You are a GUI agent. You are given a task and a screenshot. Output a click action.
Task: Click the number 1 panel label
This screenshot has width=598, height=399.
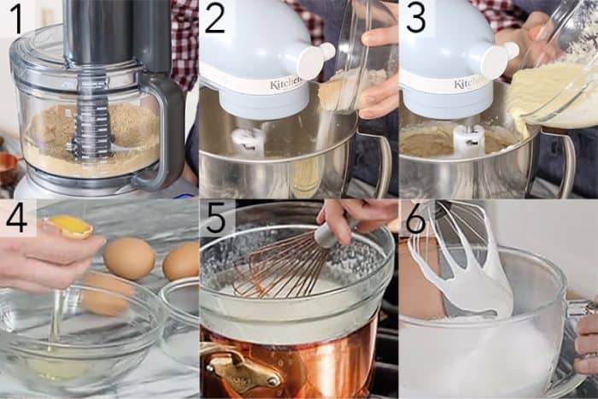[x=15, y=17]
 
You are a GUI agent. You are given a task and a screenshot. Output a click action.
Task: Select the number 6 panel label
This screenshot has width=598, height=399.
[x=415, y=219]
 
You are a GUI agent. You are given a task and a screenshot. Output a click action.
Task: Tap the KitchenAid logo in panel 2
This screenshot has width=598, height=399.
[x=285, y=83]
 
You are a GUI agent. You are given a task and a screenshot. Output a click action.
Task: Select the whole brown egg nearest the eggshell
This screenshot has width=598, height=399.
[x=129, y=257]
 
